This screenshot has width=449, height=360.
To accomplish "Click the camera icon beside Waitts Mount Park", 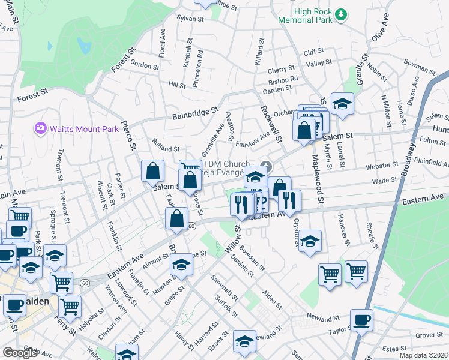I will (40, 127).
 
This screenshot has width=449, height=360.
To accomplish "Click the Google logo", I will (20, 353).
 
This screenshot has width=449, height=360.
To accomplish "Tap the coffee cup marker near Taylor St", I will (361, 319).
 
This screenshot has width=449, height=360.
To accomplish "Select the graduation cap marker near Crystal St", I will (309, 241).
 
